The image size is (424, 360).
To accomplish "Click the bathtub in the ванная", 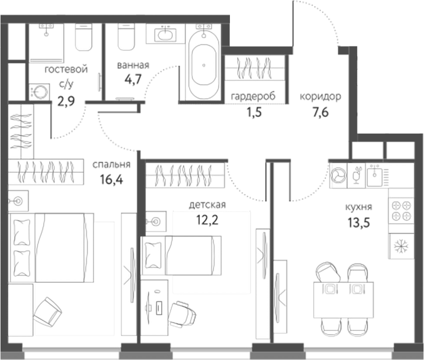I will coord(203,65).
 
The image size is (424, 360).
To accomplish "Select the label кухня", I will coord(359,207).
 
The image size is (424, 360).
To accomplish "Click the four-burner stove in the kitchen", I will coord(401,211).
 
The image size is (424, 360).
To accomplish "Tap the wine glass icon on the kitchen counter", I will coord(356,176).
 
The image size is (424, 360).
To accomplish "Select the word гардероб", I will coord(253,96).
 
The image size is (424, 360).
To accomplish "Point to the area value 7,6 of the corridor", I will coord(319,111).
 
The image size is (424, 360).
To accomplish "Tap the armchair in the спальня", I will coord(48,311).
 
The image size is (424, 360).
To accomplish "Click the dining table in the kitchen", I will coord(342,300).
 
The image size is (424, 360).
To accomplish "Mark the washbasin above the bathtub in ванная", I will coord(166,35).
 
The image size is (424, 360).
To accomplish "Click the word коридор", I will coord(320,96).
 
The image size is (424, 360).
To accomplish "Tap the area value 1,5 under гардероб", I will coord(253,111).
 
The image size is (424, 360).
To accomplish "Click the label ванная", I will coord(133,65).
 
